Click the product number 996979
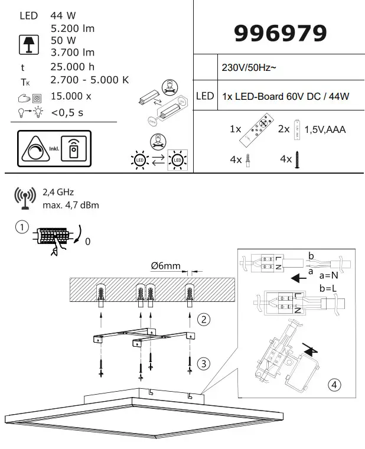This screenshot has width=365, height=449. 280,34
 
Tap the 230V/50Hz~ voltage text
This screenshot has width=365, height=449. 248,69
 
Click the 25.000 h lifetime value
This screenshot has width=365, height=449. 73,67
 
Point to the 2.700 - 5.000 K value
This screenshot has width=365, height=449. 90,80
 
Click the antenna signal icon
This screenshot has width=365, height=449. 25,199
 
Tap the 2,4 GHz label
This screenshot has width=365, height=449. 58,192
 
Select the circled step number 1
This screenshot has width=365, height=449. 22,227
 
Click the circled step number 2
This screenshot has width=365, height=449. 203,320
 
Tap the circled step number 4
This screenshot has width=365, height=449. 334,385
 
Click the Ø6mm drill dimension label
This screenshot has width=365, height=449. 165,266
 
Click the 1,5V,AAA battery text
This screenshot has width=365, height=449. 325,129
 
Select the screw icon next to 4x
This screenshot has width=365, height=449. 299,160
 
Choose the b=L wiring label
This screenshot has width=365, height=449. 329,288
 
